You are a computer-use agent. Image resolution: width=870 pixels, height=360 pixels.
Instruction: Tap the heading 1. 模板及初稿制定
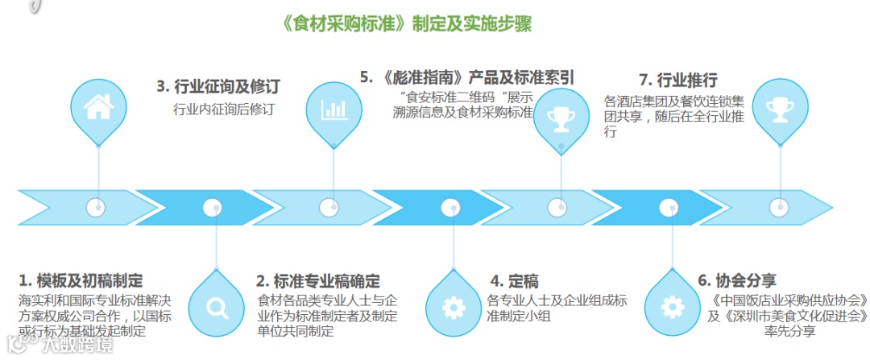click(x=81, y=281)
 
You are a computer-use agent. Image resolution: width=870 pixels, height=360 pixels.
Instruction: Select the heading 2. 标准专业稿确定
click(x=318, y=281)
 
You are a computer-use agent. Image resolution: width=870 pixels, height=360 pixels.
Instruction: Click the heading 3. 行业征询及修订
click(x=223, y=85)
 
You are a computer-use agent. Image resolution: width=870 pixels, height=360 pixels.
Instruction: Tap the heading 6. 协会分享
click(x=736, y=281)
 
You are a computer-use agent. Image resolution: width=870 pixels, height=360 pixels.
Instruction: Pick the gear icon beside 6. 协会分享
click(x=672, y=307)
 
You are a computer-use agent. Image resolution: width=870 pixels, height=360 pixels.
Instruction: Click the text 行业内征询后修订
click(x=223, y=110)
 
